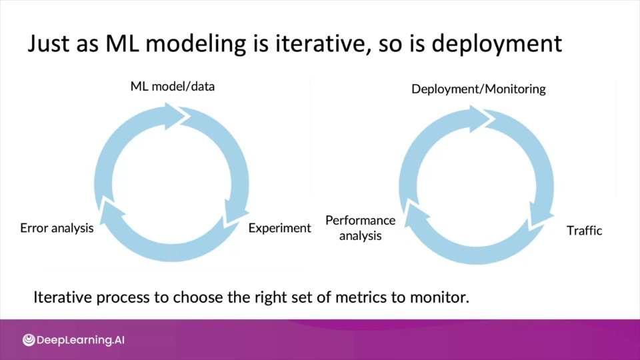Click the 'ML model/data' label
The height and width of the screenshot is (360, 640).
172,87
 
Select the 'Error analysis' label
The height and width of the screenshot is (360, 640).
57,228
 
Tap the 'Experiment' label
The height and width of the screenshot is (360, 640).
279,228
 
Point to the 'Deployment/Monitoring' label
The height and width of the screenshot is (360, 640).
479,89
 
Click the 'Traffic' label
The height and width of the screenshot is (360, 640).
584,231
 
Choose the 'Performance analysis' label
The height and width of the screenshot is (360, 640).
361,228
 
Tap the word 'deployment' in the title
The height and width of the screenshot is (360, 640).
497,44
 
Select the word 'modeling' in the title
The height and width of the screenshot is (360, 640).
196,44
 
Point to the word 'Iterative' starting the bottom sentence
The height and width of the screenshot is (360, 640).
63,297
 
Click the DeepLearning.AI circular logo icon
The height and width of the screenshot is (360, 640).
29,339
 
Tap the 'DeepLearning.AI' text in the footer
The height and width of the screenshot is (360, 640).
81,340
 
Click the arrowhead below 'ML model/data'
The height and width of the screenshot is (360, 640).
176,116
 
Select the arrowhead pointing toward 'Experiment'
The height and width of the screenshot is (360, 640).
236,211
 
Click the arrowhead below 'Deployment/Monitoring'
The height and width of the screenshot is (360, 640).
481,119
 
